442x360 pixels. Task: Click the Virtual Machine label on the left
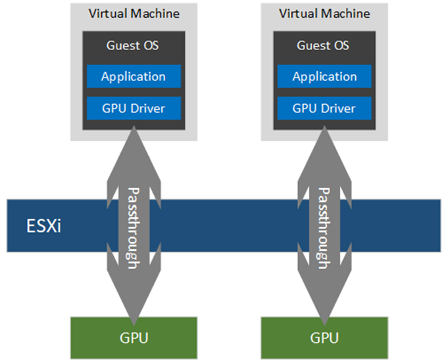pyautogui.click(x=133, y=13)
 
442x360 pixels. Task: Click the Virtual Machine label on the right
pyautogui.click(x=324, y=13)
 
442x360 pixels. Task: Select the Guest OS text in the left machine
pyautogui.click(x=133, y=46)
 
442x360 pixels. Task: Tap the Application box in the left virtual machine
pyautogui.click(x=133, y=77)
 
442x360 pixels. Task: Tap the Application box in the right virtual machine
pyautogui.click(x=324, y=77)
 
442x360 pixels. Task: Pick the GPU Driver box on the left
pyautogui.click(x=133, y=108)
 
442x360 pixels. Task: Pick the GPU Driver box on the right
pyautogui.click(x=324, y=108)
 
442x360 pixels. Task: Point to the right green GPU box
pyautogui.click(x=324, y=338)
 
